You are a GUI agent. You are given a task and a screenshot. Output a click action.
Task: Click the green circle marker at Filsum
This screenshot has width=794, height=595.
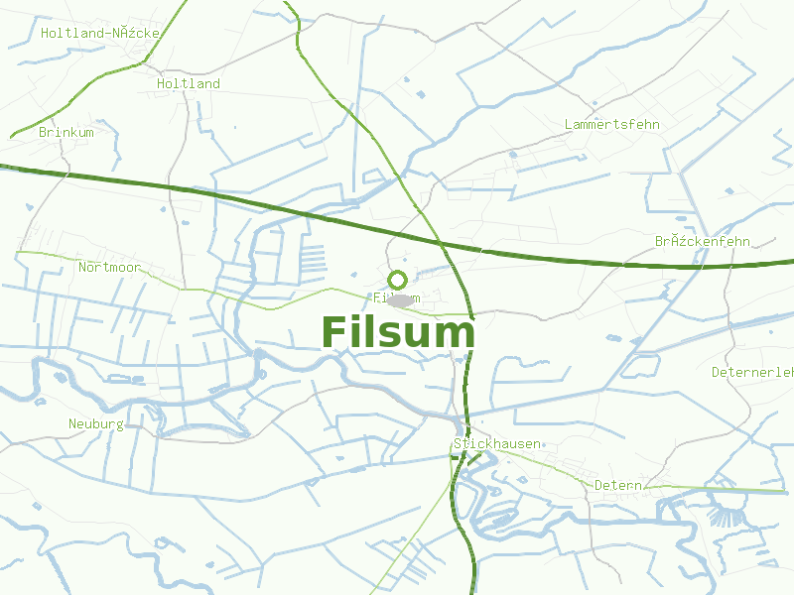click(x=398, y=280)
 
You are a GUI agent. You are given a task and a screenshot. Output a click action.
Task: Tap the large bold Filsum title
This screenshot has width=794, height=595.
click(x=398, y=332)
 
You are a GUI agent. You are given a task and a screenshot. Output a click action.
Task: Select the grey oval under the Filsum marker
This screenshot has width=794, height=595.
click(x=401, y=299)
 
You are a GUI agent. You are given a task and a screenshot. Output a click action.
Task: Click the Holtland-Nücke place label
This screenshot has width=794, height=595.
click(x=100, y=33)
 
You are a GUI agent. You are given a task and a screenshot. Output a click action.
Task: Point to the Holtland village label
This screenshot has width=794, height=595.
click(x=189, y=84)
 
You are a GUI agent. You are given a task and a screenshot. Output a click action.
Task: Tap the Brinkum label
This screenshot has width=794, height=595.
click(x=66, y=132)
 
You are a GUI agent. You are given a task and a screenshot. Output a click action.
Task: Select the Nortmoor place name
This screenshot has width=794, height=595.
click(x=109, y=268)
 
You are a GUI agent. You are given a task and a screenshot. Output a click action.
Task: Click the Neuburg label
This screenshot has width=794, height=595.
click(x=96, y=424)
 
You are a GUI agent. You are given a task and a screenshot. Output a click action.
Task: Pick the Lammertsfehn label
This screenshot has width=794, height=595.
click(x=611, y=125)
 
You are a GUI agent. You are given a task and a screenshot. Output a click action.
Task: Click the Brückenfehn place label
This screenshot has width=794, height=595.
click(x=703, y=242)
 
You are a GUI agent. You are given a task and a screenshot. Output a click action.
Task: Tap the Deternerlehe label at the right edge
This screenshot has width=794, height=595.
click(x=753, y=373)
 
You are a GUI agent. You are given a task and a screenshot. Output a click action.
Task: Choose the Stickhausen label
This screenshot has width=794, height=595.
click(x=497, y=443)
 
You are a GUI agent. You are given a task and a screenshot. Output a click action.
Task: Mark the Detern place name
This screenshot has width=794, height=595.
click(x=618, y=485)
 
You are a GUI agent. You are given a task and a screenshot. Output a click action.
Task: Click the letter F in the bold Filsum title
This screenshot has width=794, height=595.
click(x=334, y=332)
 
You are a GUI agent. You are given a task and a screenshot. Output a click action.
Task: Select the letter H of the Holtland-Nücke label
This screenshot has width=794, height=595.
click(x=46, y=33)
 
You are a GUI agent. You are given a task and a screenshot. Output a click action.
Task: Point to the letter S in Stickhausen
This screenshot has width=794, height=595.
click(x=458, y=443)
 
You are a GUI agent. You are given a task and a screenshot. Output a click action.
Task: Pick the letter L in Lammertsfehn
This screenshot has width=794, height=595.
click(x=568, y=125)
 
